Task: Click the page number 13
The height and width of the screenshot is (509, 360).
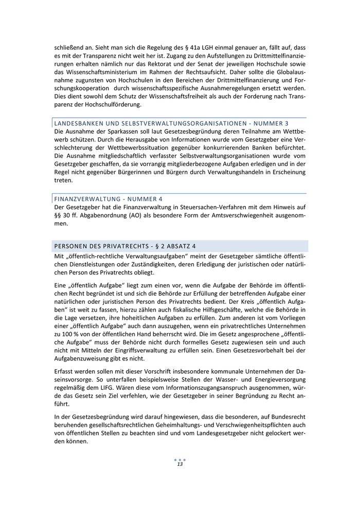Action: (x=180, y=464)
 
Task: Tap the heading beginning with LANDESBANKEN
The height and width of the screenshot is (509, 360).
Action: (x=171, y=123)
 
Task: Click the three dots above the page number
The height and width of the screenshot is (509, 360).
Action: (x=180, y=459)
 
